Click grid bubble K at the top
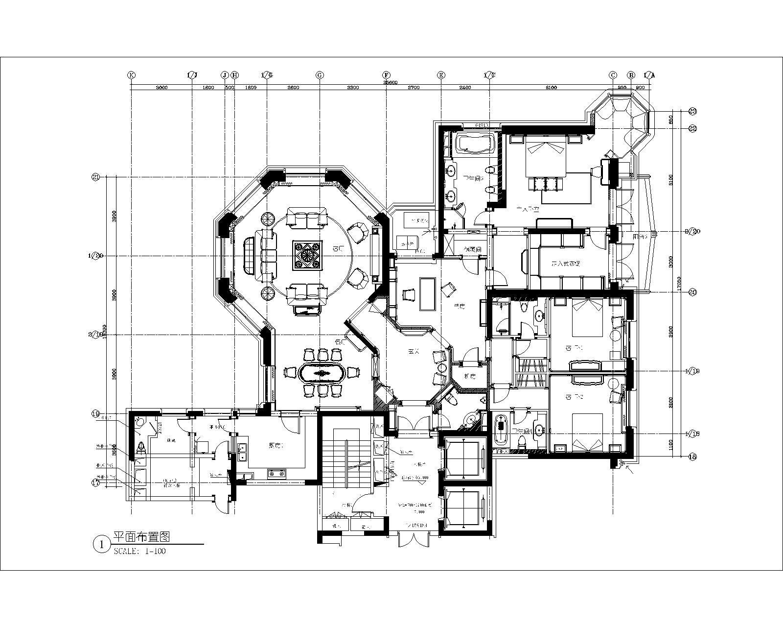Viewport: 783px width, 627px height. [x=131, y=75]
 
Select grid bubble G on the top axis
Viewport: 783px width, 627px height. [x=320, y=75]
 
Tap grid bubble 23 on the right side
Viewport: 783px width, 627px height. [x=692, y=111]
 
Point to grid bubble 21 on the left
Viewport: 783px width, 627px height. [x=96, y=177]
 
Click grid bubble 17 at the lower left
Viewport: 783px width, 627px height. [x=96, y=483]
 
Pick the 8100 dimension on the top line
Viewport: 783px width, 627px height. [x=551, y=88]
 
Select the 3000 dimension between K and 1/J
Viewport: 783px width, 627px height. [x=161, y=88]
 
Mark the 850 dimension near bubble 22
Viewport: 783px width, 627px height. [x=671, y=119]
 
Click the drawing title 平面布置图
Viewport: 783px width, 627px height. [x=141, y=536]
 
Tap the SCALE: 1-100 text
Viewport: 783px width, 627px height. [x=140, y=551]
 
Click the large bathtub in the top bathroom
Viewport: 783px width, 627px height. [x=476, y=145]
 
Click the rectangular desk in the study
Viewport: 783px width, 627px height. [x=428, y=293]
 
